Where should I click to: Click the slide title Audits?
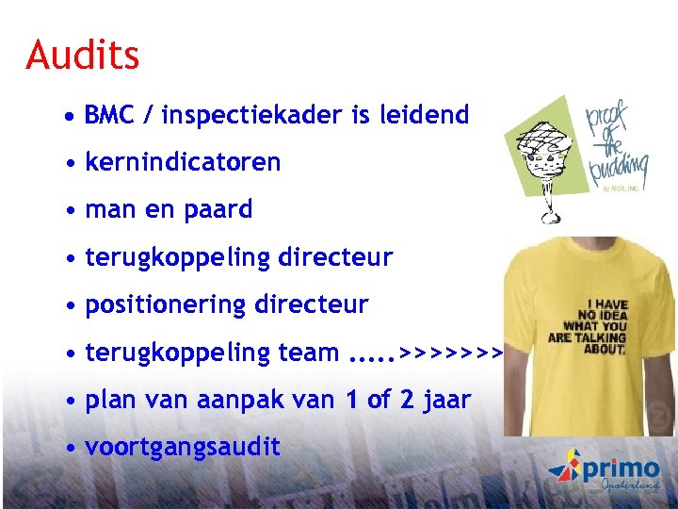tap(83, 55)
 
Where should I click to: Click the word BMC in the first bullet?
tap(110, 116)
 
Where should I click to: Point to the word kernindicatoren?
tap(183, 162)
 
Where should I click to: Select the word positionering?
tap(166, 304)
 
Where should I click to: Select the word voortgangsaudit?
tap(183, 447)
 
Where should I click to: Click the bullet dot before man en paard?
tap(72, 210)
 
